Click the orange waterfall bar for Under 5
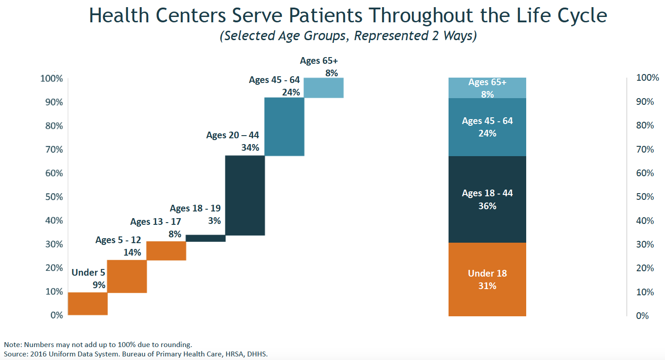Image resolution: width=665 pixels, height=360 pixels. [x=87, y=304]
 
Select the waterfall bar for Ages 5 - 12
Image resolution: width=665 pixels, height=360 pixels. [x=127, y=276]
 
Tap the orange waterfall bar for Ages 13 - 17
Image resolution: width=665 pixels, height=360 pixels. [x=166, y=251]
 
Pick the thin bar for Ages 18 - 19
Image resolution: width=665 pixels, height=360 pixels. [x=205, y=238]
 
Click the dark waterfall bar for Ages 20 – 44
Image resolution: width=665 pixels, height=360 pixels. [x=245, y=195]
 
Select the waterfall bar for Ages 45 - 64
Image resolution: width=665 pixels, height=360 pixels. [x=284, y=127]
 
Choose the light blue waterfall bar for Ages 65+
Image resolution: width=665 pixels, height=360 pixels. [x=324, y=88]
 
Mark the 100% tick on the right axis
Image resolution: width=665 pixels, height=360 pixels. [x=648, y=78]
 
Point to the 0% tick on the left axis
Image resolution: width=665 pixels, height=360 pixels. [x=56, y=315]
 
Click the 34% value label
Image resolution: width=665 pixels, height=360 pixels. [x=250, y=147]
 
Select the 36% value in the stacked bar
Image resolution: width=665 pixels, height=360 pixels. [x=487, y=206]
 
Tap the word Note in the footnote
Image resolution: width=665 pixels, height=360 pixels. [x=12, y=344]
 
